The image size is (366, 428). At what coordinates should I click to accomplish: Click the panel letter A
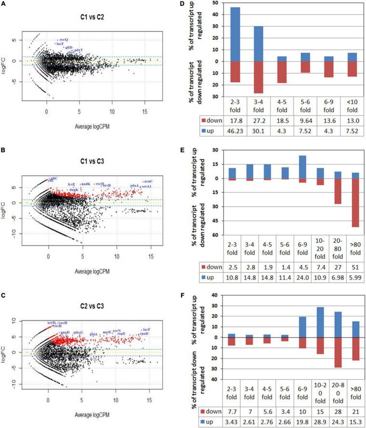point(5,5)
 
